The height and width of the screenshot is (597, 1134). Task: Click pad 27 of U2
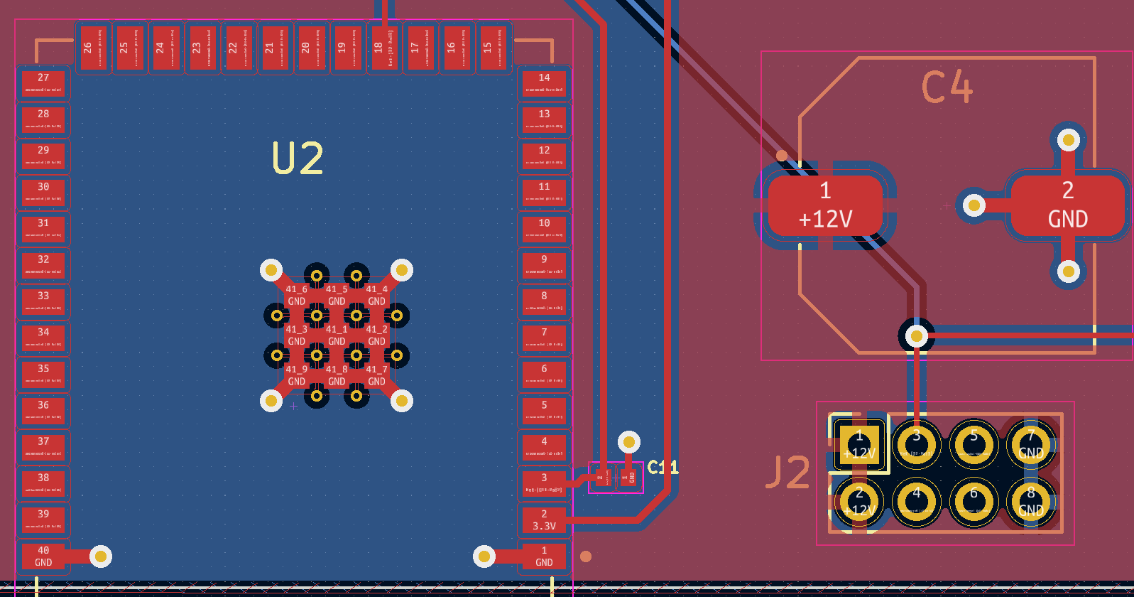point(44,82)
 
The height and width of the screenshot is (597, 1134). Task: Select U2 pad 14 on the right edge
point(544,82)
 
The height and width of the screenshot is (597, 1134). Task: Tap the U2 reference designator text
point(298,158)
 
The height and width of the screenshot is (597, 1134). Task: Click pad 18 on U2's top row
point(384,48)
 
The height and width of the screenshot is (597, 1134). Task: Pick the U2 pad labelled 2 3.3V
point(544,520)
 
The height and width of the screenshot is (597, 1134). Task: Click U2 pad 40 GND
point(44,556)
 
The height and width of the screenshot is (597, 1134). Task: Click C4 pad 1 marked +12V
point(825,205)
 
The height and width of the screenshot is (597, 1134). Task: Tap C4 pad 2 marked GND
point(1067,205)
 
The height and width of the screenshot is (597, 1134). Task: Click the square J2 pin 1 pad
point(859,445)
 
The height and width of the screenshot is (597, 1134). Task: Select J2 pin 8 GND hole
point(1030,502)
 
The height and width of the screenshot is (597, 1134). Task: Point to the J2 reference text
point(788,473)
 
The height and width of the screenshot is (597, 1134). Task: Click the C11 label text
point(663,467)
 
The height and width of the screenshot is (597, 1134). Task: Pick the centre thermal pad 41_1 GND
point(337,335)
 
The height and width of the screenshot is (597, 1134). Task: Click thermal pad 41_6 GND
point(297,295)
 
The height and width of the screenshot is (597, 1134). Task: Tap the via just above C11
point(628,442)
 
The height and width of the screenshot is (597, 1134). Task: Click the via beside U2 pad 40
point(100,556)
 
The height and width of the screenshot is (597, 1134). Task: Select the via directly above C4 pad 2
point(1069,139)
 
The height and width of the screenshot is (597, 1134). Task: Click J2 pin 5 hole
point(974,445)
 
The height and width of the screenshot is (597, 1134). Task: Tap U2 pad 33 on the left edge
point(44,301)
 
